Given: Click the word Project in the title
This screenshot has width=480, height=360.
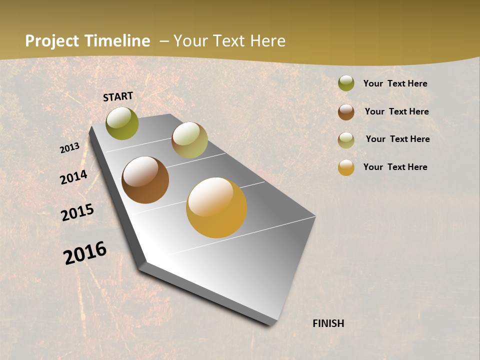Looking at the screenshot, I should tap(52, 41).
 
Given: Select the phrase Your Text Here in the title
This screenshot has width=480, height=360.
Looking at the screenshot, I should tap(229, 41).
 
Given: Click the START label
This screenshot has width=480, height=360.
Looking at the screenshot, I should tap(118, 96).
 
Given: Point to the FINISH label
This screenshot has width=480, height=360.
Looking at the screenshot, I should tap(328, 323).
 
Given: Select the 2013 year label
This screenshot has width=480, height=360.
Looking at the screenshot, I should tap(69, 148).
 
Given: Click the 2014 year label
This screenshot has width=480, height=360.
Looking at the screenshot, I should tap(73, 177).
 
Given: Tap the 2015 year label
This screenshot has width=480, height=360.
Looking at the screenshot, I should tap(77, 212).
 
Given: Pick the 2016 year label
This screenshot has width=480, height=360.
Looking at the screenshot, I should tap(85, 252).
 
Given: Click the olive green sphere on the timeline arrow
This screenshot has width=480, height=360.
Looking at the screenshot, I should tap(122, 123).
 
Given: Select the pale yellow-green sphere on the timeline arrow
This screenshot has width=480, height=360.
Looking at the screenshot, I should tap(189, 140).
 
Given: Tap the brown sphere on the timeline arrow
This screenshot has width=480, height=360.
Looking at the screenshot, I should tap(145, 180).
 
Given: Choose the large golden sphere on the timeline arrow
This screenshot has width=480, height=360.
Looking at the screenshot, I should tap(216, 207).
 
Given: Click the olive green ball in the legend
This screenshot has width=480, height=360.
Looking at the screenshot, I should tap(346, 83).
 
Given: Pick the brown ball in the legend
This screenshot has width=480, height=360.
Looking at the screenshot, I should tap(346, 112).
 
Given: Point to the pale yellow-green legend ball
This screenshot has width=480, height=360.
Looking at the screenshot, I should tap(346, 140).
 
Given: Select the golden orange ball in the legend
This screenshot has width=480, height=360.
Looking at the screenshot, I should tap(346, 167).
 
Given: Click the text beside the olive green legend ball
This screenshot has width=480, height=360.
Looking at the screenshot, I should tap(395, 83).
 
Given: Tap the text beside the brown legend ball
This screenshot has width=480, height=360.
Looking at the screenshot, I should tap(396, 111).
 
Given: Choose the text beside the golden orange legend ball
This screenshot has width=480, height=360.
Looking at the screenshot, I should tap(395, 167).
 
